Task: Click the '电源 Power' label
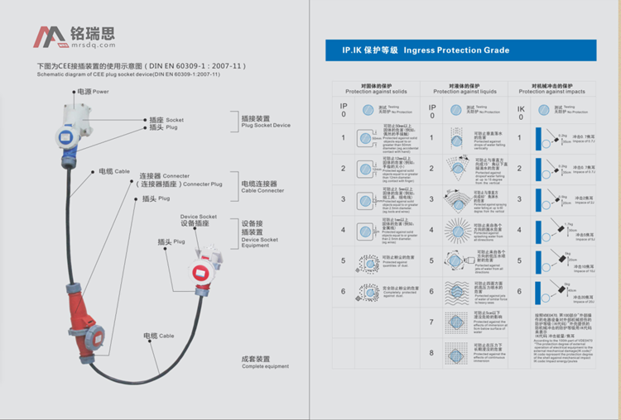coord(93,91)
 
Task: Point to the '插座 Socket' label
coord(166,119)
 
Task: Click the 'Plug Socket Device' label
coord(265,122)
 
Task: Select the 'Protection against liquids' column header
coord(465,88)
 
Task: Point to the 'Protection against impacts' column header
coord(556,88)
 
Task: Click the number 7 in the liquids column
coord(431,322)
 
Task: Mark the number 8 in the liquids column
coord(431,352)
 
